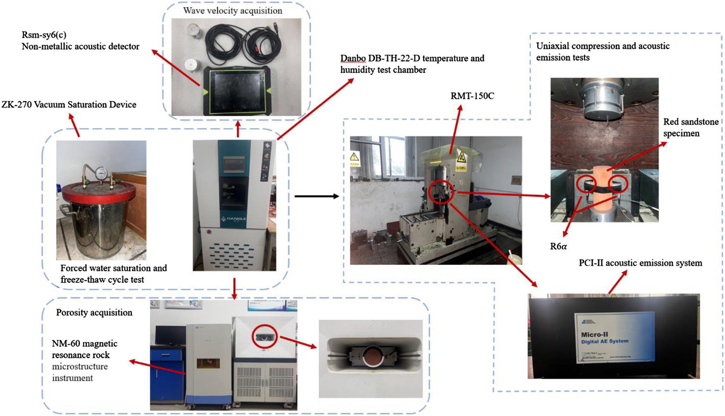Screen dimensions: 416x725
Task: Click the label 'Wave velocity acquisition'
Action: tap(232, 11)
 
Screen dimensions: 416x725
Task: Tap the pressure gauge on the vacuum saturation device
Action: tap(100, 173)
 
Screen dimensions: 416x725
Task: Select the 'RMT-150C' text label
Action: tap(472, 96)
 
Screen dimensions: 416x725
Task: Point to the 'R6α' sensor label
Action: tap(558, 246)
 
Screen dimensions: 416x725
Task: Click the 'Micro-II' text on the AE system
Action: tap(594, 334)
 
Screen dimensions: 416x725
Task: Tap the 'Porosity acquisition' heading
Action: tap(94, 313)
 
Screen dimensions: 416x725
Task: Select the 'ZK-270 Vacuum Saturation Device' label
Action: tap(69, 105)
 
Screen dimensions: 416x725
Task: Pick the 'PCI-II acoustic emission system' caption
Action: tap(640, 263)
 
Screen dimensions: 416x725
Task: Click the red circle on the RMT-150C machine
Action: tap(441, 192)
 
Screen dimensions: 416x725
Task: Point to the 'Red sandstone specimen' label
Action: tap(691, 127)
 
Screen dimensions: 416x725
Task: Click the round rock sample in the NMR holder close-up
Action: tap(372, 356)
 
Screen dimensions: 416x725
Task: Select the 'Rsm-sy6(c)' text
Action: tap(44, 35)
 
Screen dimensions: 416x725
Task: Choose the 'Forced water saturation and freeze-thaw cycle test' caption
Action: tap(113, 274)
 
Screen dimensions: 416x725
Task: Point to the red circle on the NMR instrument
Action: tap(264, 337)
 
